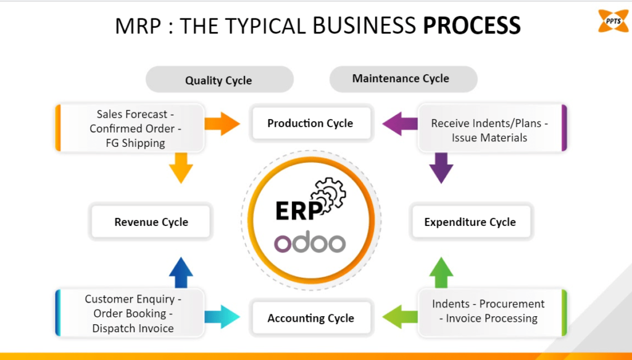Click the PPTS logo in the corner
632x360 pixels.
tap(613, 20)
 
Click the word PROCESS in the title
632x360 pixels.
tap(472, 26)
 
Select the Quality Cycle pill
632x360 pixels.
tap(218, 80)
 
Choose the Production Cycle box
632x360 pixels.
tap(310, 123)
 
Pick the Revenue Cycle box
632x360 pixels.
tap(151, 222)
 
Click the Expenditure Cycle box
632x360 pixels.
tap(470, 222)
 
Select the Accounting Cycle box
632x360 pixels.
tap(310, 319)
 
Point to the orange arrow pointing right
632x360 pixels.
tap(222, 123)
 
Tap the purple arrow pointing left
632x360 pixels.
tap(400, 123)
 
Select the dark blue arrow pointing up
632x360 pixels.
tap(181, 273)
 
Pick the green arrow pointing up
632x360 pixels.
tap(441, 273)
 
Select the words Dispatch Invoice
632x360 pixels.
tap(133, 329)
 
